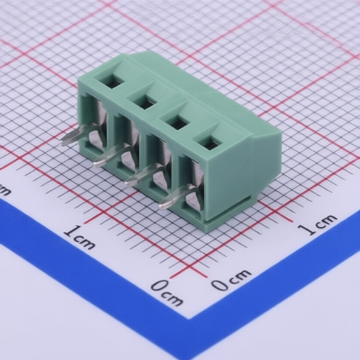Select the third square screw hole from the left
[x=178, y=124]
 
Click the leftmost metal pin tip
[x=63, y=141]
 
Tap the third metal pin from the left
[x=142, y=175]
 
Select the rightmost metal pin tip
[x=162, y=205]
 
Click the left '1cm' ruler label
[x=80, y=237]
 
